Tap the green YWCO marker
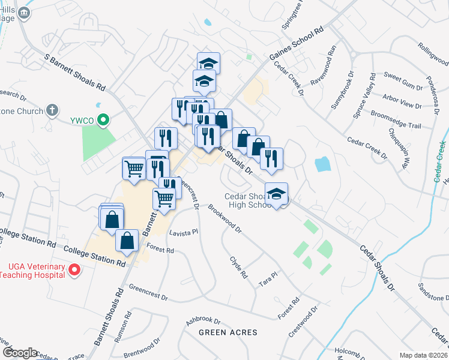[x=103, y=120]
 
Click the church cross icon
[x=52, y=110]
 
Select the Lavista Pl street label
[x=184, y=232]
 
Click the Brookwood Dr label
[x=224, y=219]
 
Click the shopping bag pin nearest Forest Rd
[x=127, y=241]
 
